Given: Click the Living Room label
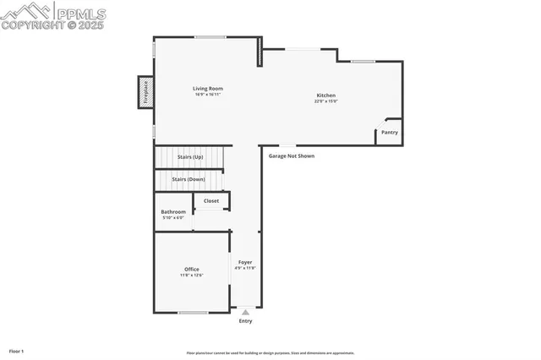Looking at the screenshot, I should coord(207,88).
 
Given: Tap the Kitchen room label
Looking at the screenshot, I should coord(325,95).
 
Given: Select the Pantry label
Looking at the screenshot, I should coord(389,133).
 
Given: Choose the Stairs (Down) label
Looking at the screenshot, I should coord(188,179).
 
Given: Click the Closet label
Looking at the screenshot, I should coord(210,201).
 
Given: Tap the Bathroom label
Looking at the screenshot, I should coord(173,212).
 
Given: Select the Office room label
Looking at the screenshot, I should coord(191,270).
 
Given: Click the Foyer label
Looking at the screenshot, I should coord(245,263).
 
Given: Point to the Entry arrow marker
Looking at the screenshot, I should coord(245,312).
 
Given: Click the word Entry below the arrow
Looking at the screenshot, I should coord(245,321).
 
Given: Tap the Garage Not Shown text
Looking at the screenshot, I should coord(292,156).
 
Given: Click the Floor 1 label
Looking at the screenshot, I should coord(16,351).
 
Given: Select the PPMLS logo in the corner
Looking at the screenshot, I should coord(54,15).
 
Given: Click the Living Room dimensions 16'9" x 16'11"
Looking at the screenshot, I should coord(207,95).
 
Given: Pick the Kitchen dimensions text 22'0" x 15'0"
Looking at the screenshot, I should coord(325,101).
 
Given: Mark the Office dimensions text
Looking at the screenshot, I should coord(191,275).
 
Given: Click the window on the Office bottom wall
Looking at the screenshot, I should coord(193,313).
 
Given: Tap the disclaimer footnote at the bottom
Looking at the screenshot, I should coord(270,353).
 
